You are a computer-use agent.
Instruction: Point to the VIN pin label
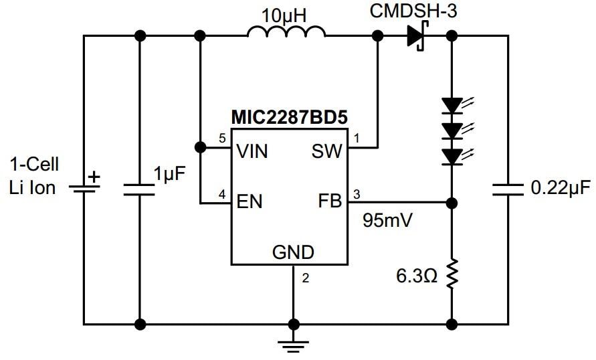252,151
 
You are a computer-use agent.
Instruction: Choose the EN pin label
249,200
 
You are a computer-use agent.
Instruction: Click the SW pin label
326,151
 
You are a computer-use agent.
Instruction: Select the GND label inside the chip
293,252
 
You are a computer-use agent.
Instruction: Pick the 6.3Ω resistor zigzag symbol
452,273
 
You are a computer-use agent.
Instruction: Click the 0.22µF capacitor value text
561,188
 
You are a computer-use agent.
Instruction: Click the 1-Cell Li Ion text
34,176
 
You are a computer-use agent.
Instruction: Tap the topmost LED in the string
452,105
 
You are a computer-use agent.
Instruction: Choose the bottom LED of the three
452,156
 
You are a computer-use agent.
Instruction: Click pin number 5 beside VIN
223,139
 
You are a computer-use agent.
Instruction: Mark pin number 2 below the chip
305,279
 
